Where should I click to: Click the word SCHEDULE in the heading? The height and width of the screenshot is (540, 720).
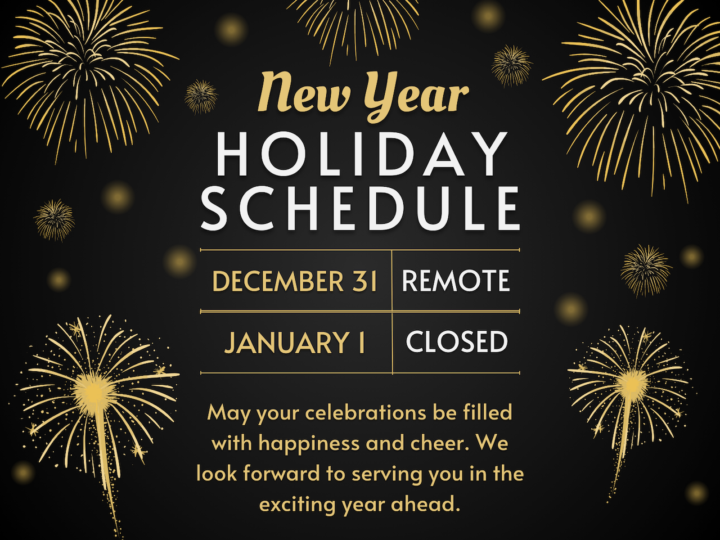click(360, 208)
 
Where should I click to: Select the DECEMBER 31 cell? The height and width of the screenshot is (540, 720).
click(295, 281)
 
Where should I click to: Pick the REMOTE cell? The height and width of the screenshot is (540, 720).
click(456, 280)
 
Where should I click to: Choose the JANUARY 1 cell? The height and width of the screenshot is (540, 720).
click(295, 342)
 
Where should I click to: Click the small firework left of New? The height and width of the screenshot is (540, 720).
click(201, 97)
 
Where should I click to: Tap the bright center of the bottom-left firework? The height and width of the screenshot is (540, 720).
click(94, 391)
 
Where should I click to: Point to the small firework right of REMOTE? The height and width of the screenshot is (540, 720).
click(646, 271)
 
